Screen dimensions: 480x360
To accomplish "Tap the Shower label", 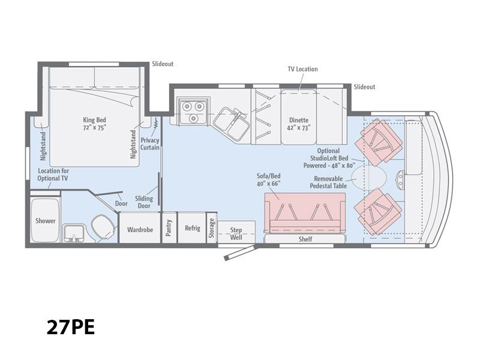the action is coord(46,221).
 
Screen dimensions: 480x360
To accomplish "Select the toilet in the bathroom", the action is coord(103,227).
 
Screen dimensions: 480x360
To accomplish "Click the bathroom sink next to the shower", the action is coord(74,233).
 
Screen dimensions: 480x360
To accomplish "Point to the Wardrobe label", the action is coord(140,229).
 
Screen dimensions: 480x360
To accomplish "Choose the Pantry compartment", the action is coord(169,228).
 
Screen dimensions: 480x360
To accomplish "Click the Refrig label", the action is coord(192,228).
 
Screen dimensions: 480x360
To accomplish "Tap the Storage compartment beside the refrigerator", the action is coord(212,228).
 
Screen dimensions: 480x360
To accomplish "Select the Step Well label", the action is coord(236,233).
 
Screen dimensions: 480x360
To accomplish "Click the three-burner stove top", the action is coord(193,111).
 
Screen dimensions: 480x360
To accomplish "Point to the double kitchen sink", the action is coord(231,124).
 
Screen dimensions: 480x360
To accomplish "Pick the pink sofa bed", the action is coord(305,213).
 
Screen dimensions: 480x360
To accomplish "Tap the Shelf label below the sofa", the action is coord(305,239).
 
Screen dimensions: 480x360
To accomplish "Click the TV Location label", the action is coord(302,69).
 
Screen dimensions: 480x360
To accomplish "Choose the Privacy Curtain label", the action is coord(149,144).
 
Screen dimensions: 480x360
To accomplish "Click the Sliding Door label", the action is coord(144,202).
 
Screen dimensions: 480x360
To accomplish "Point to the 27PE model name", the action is coord(71,327).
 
